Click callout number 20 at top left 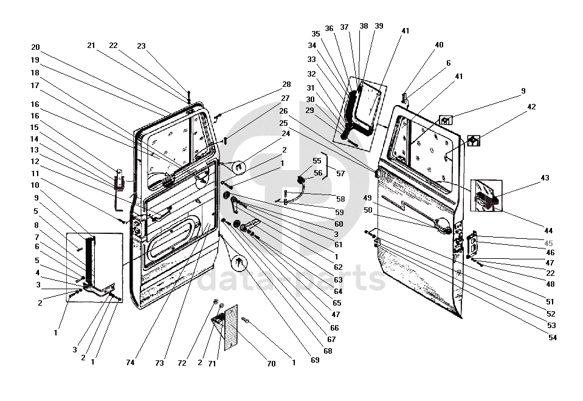tap(35, 47)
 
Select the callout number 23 tap(141, 46)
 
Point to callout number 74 tap(131, 363)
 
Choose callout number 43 tap(545, 178)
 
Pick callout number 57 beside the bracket tap(340, 173)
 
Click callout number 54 tap(552, 338)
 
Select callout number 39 tap(379, 26)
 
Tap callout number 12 tap(35, 161)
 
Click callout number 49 tap(367, 197)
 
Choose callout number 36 tap(329, 29)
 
